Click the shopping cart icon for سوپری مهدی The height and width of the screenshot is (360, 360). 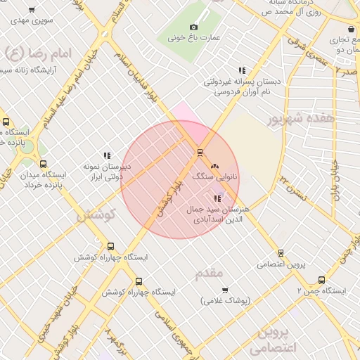[32, 11]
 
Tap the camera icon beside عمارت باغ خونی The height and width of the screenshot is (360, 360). [194, 27]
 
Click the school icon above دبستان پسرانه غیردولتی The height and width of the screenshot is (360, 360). [242, 70]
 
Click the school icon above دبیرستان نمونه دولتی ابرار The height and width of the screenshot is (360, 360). [107, 155]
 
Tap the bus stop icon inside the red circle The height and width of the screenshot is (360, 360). [200, 152]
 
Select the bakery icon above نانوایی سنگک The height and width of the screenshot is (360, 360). [214, 166]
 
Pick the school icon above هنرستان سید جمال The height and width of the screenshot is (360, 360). [217, 198]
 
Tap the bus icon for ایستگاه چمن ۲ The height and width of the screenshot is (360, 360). [321, 279]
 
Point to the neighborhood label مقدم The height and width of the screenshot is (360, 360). [210, 272]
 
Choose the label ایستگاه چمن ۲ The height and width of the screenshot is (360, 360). [321, 290]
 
